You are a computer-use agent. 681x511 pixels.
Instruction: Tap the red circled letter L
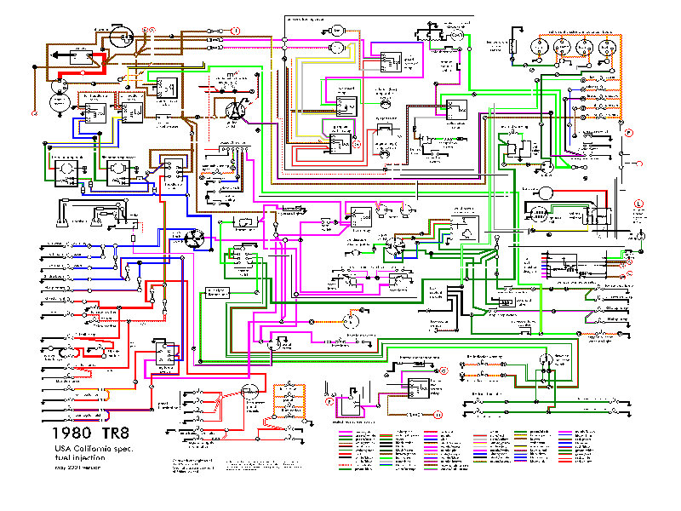(x=638, y=202)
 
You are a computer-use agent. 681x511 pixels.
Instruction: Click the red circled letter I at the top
(x=236, y=30)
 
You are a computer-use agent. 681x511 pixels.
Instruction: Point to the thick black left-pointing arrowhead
(x=60, y=56)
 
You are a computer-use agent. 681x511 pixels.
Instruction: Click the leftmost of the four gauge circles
(x=539, y=47)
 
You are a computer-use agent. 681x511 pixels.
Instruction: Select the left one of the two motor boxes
(x=65, y=171)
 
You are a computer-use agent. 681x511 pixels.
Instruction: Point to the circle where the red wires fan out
(x=249, y=391)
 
